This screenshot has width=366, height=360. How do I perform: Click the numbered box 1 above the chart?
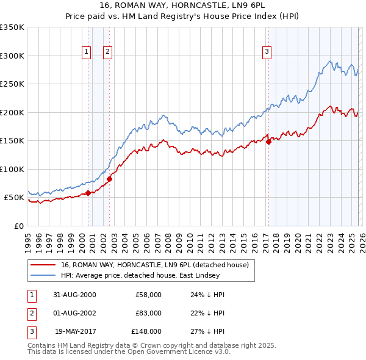click(86, 52)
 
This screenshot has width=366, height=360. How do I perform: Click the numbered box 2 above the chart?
click(107, 52)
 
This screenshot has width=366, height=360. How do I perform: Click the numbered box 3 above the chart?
click(267, 52)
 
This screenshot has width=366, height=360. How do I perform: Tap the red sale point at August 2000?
click(88, 193)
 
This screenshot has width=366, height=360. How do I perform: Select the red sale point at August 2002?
click(109, 179)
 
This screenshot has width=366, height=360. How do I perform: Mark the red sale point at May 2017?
click(268, 142)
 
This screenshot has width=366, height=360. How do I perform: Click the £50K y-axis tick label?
click(13, 198)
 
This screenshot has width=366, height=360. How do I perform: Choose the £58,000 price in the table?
click(148, 295)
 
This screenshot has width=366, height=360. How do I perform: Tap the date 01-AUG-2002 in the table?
click(74, 313)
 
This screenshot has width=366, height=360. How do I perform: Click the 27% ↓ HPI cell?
click(208, 331)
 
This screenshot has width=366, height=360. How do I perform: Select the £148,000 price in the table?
click(146, 331)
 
